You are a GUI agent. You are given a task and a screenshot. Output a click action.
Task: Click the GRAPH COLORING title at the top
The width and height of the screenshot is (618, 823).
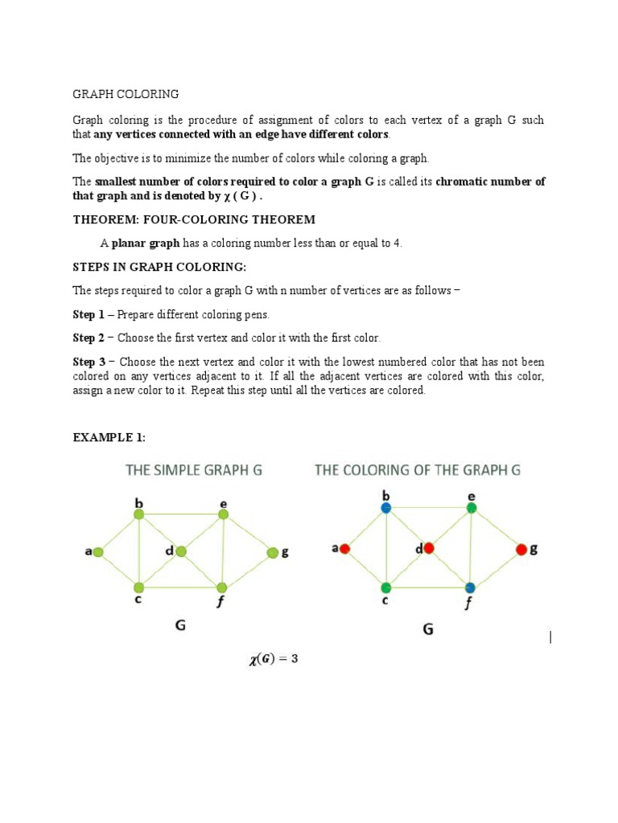pos(126,94)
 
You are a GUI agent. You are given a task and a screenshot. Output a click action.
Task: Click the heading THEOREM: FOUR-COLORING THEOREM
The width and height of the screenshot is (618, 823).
pos(194,219)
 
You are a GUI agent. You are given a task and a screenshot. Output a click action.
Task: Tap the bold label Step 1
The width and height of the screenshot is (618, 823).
pos(89,314)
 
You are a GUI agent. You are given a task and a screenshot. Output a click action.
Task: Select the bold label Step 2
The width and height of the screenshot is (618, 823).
pos(89,338)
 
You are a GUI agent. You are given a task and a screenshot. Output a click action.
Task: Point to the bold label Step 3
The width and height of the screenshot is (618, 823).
pos(89,362)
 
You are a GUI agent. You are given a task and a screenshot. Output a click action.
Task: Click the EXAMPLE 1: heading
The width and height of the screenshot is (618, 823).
pos(109,437)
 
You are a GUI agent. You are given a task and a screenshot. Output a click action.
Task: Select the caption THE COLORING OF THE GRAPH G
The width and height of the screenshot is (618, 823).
pos(418,470)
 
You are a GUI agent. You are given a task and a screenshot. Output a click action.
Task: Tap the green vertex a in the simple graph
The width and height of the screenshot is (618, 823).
pos(97,552)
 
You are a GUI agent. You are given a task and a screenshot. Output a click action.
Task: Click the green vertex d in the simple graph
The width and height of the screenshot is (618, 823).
pos(181,551)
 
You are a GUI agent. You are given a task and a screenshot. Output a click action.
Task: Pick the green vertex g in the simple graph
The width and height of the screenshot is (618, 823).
pos(273,552)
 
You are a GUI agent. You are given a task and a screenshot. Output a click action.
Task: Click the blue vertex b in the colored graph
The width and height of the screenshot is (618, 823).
pos(386,508)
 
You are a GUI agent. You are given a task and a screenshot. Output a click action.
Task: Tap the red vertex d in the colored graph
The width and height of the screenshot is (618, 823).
pos(429,548)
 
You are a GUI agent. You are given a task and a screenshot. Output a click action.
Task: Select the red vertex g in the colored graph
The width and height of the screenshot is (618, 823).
pos(521,550)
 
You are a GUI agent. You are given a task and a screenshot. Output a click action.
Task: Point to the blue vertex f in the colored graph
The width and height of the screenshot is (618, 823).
pos(470,588)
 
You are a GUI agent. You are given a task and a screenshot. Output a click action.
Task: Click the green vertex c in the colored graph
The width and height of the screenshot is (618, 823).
pos(386,588)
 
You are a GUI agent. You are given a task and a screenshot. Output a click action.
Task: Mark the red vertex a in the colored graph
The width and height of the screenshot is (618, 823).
pos(344,549)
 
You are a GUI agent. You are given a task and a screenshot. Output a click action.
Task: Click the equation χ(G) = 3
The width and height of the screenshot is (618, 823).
pos(274,660)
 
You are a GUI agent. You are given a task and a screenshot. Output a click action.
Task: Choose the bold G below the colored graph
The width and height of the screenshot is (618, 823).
pos(428,629)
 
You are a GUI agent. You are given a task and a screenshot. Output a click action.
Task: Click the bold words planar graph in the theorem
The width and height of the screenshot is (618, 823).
pos(145,244)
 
